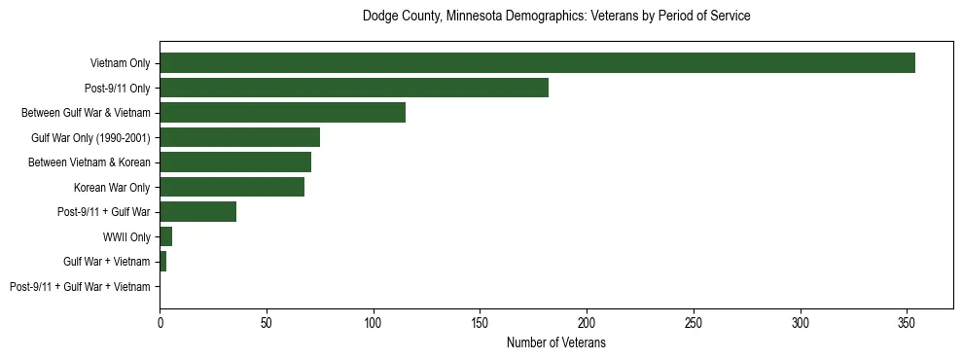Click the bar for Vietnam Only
coord(537,63)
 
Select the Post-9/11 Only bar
coord(354,88)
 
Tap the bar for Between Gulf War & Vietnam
coord(282,113)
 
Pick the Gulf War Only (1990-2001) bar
coord(239,137)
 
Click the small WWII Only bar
coord(165,236)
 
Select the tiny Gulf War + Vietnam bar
coord(162,262)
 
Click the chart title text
coord(555,17)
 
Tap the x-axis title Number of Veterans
coord(555,342)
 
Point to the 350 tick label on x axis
coord(907,321)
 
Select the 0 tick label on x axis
coord(160,321)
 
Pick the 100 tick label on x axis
coord(373,321)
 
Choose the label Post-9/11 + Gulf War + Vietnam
coord(80,286)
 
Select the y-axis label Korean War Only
coord(112,187)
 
